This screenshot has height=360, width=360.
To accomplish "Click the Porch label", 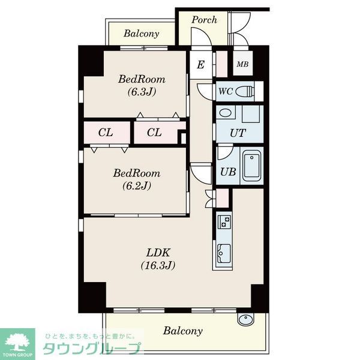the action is (204, 20).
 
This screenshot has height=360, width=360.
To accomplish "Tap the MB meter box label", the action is (242, 64).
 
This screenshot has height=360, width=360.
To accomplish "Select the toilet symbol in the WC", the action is (245, 91).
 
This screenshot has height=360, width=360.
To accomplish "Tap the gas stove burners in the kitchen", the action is (224, 221).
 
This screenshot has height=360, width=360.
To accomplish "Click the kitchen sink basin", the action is (224, 253).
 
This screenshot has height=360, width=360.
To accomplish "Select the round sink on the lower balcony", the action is (245, 319).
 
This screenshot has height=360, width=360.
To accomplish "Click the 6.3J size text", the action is (142, 92).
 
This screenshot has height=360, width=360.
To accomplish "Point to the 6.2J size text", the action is (137, 185).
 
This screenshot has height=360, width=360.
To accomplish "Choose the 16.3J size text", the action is (158, 265).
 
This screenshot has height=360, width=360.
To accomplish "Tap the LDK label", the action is (158, 253).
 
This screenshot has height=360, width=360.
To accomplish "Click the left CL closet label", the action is (106, 133).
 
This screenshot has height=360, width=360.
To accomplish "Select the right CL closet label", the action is (154, 133).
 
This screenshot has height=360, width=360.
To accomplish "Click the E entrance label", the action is (200, 65).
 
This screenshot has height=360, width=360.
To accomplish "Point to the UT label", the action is (238, 133).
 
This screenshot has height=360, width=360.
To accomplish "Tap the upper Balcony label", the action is (142, 34).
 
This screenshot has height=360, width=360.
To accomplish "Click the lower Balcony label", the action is (183, 331).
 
